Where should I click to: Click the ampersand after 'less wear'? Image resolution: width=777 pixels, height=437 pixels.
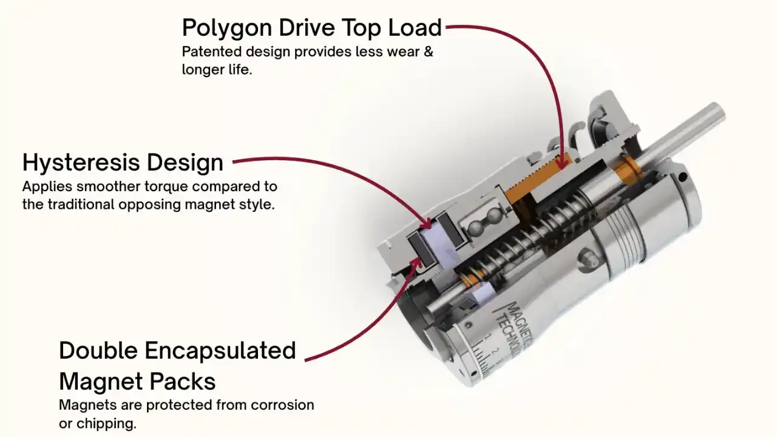pyautogui.click(x=428, y=52)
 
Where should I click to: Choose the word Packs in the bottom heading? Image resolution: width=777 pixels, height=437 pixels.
pyautogui.click(x=188, y=382)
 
